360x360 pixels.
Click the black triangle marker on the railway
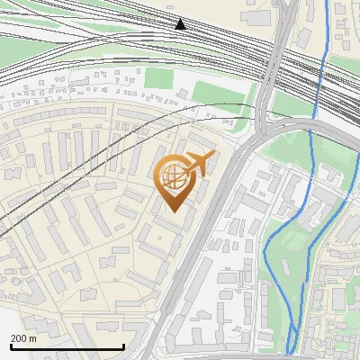point(180,23)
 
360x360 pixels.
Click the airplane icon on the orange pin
point(198,163)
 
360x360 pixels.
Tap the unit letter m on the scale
point(34,338)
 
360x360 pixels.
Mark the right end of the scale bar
point(123,346)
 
